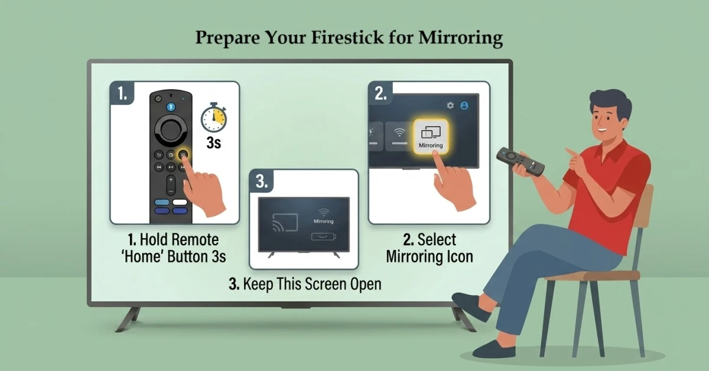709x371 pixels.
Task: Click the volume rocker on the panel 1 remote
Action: (x=171, y=184)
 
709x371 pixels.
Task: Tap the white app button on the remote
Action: (x=180, y=202)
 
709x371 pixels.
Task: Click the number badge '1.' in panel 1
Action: (x=122, y=94)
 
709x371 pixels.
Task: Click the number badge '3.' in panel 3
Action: (x=262, y=181)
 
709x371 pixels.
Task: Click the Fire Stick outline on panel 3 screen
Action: (x=323, y=237)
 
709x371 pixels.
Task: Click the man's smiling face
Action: (x=606, y=121)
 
